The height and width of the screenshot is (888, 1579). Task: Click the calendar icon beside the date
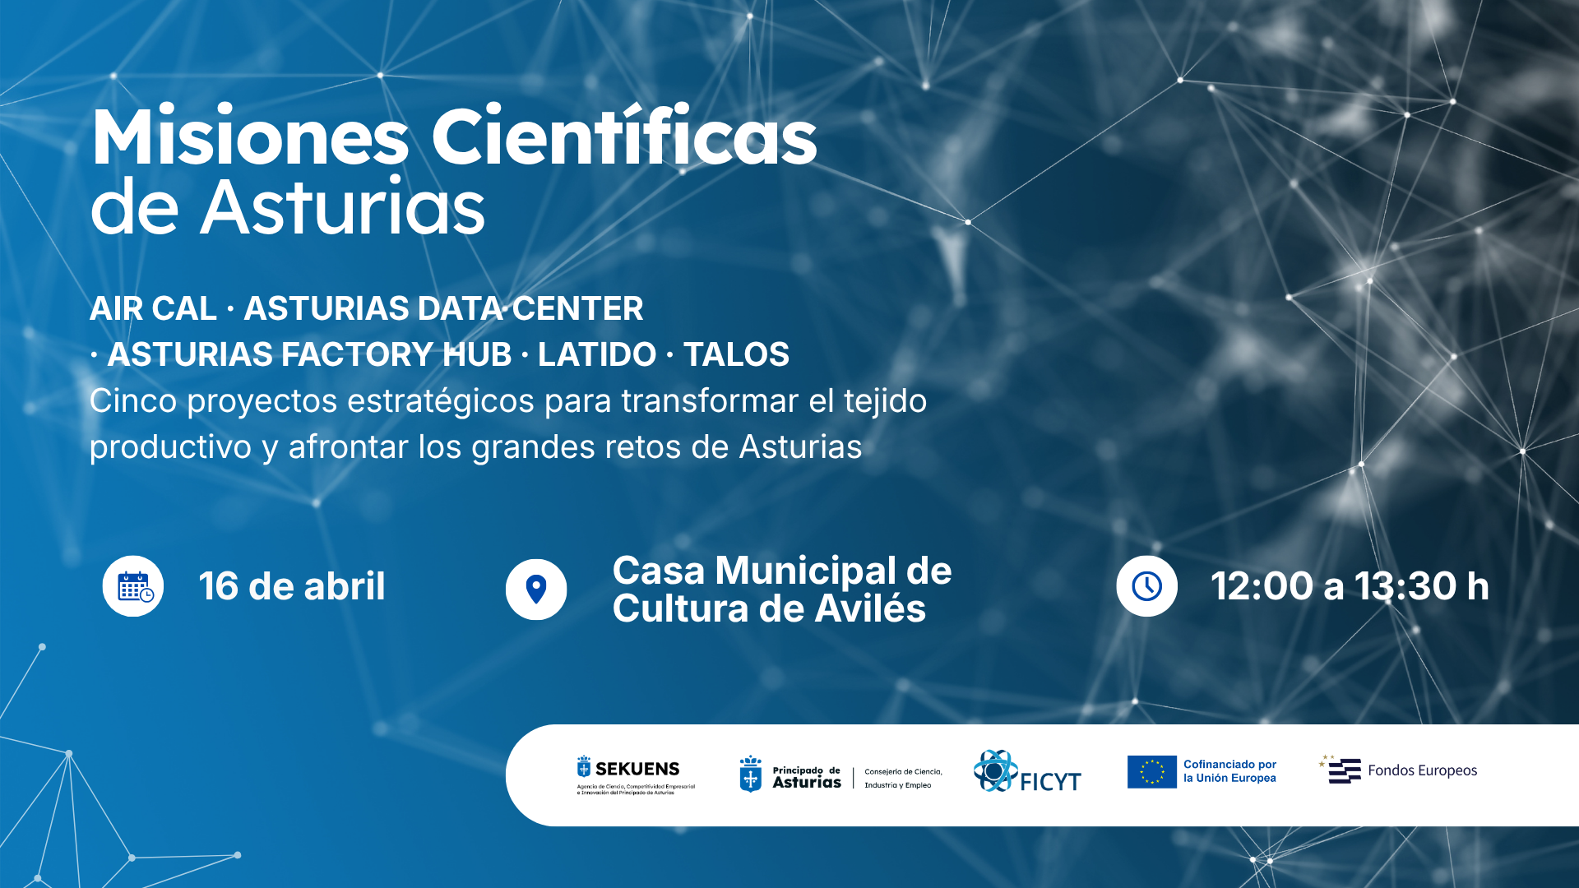(x=133, y=586)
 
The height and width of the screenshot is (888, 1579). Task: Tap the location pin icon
(x=536, y=590)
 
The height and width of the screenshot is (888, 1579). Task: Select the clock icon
(x=1146, y=586)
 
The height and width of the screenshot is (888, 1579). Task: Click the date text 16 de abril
(x=292, y=586)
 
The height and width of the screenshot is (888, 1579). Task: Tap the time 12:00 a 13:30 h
(x=1350, y=586)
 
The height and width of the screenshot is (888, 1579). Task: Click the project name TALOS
(x=736, y=354)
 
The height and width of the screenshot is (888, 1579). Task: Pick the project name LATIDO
(x=597, y=354)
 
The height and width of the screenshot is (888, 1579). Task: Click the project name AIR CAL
(x=154, y=308)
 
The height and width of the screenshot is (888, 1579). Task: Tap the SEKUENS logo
(x=636, y=775)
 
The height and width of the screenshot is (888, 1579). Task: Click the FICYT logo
(x=1027, y=771)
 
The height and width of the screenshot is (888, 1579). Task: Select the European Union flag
(x=1152, y=772)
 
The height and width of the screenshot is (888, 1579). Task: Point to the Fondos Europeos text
(x=1423, y=770)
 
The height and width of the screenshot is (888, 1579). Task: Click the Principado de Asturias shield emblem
(x=750, y=774)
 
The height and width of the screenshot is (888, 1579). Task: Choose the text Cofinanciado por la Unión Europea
(x=1229, y=771)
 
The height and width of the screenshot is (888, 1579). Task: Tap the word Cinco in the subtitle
(x=133, y=401)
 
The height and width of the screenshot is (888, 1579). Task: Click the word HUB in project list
(x=477, y=354)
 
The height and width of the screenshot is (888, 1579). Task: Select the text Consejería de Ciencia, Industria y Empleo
(x=903, y=779)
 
